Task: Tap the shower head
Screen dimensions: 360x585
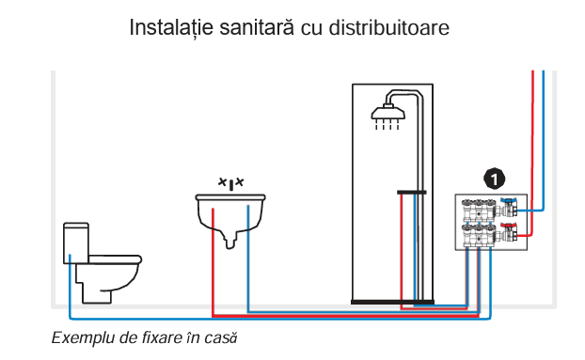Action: point(387,116)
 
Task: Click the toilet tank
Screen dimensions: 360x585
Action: point(76,243)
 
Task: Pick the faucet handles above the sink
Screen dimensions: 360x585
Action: point(231,182)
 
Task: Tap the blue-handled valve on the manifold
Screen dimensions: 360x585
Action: point(510,204)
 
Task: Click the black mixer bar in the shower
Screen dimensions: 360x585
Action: point(411,191)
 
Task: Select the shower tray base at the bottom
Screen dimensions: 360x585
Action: point(392,301)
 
